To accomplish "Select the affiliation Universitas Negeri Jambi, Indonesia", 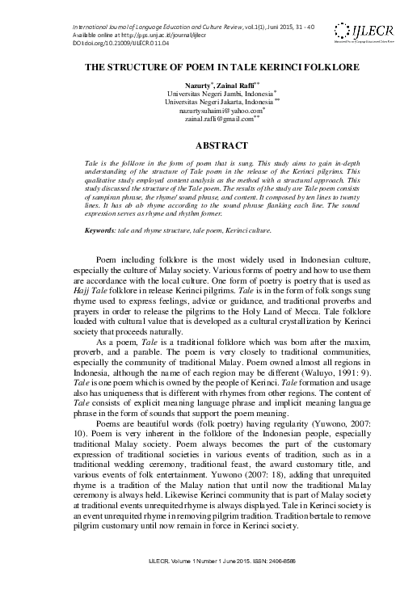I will [208, 95].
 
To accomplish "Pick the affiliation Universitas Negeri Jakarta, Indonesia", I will [208, 103].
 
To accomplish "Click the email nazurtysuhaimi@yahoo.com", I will [208, 112].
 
